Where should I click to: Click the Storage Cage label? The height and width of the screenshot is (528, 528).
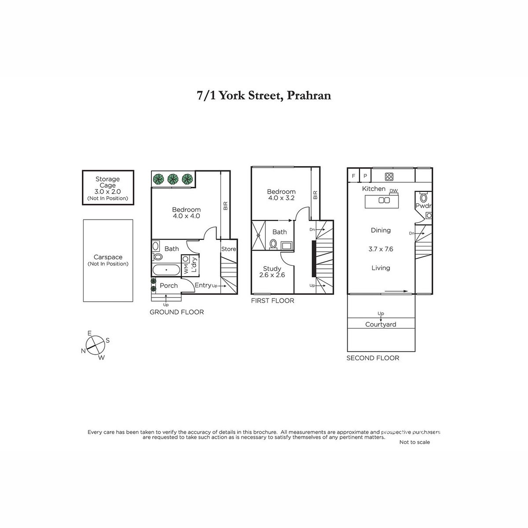click(x=107, y=182)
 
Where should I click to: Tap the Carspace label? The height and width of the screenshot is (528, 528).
click(x=108, y=257)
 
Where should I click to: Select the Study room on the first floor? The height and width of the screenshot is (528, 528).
click(x=272, y=271)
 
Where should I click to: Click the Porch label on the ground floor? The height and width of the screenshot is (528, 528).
click(x=169, y=286)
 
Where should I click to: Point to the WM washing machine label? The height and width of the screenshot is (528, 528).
click(x=186, y=268)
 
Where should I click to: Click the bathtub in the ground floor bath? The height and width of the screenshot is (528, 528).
click(x=166, y=270)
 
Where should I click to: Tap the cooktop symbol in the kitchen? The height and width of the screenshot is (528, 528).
click(x=389, y=177)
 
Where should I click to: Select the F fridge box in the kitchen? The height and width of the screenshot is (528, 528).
click(x=353, y=176)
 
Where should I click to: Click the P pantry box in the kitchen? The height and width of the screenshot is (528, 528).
click(x=365, y=176)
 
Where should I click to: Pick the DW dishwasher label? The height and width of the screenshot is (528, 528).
click(x=393, y=191)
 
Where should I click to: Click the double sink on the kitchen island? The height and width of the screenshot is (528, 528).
click(x=384, y=200)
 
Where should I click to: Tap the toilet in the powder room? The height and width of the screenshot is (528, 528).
click(x=424, y=197)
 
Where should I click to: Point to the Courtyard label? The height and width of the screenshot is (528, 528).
click(x=381, y=324)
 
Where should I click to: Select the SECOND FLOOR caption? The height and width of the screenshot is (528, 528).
click(x=373, y=358)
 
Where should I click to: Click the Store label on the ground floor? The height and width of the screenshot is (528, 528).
click(x=228, y=249)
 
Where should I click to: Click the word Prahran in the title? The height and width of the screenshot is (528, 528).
click(x=309, y=95)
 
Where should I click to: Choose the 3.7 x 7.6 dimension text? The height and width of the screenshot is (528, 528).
click(x=381, y=249)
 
